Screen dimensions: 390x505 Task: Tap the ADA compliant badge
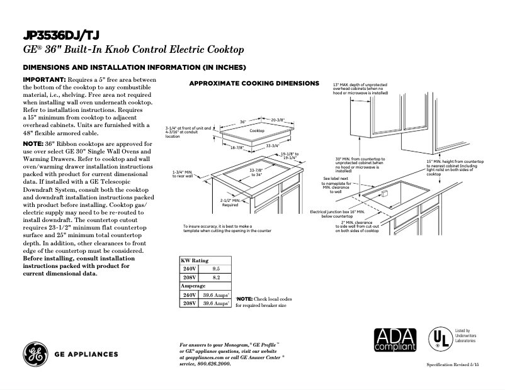[395, 340]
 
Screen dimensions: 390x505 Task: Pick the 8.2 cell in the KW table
[216, 276]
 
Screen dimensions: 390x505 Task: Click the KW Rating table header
[195, 260]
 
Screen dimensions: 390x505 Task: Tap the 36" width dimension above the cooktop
[242, 123]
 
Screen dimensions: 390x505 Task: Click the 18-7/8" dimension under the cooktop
[237, 147]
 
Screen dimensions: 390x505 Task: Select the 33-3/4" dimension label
[273, 146]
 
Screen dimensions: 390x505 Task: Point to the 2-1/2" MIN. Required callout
[230, 202]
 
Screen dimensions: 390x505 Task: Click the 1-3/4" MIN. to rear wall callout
[185, 174]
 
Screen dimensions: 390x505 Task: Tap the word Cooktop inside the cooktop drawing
[256, 130]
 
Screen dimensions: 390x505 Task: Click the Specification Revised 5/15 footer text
[453, 365]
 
